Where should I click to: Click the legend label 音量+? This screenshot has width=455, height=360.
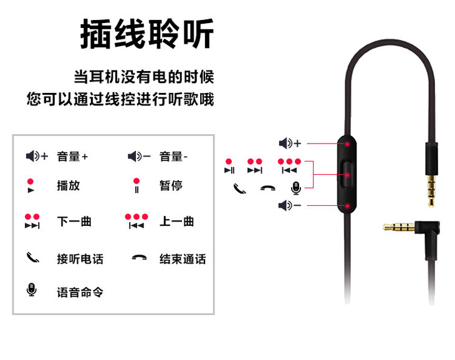72,157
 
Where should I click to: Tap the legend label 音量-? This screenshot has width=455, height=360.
174,157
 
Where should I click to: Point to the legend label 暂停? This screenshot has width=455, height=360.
170,185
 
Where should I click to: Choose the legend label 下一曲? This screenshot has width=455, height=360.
74,221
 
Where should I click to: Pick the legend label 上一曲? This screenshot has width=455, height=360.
176,221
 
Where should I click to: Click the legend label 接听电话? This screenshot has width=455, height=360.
80,259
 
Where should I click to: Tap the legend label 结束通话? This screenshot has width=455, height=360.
182,259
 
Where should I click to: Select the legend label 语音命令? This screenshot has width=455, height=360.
80,291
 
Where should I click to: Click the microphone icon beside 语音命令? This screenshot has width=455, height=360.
31,290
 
